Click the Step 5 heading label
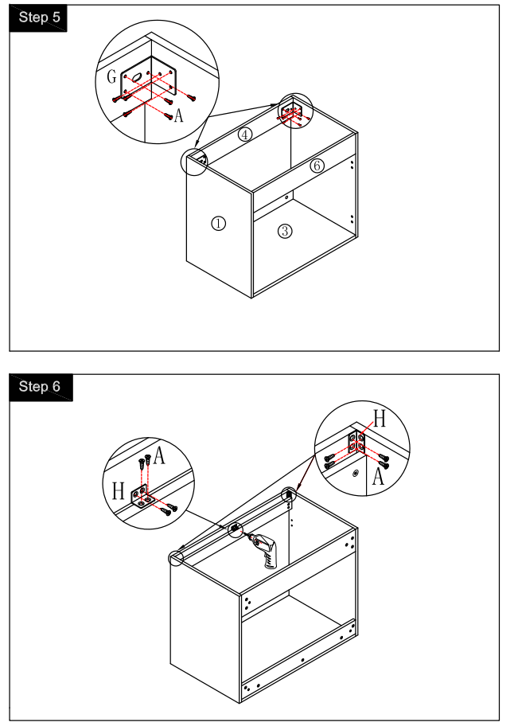[x=37, y=18]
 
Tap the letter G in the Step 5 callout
[x=112, y=77]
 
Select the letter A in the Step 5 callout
[x=178, y=116]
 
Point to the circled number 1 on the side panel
[x=218, y=224]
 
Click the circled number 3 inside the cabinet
[x=285, y=231]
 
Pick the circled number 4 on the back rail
[x=246, y=135]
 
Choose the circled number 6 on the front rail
[x=317, y=166]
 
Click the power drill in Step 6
[x=265, y=549]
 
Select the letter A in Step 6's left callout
[x=159, y=456]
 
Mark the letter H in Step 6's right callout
[x=380, y=420]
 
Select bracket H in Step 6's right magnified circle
[x=356, y=443]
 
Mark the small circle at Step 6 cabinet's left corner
[x=176, y=558]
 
